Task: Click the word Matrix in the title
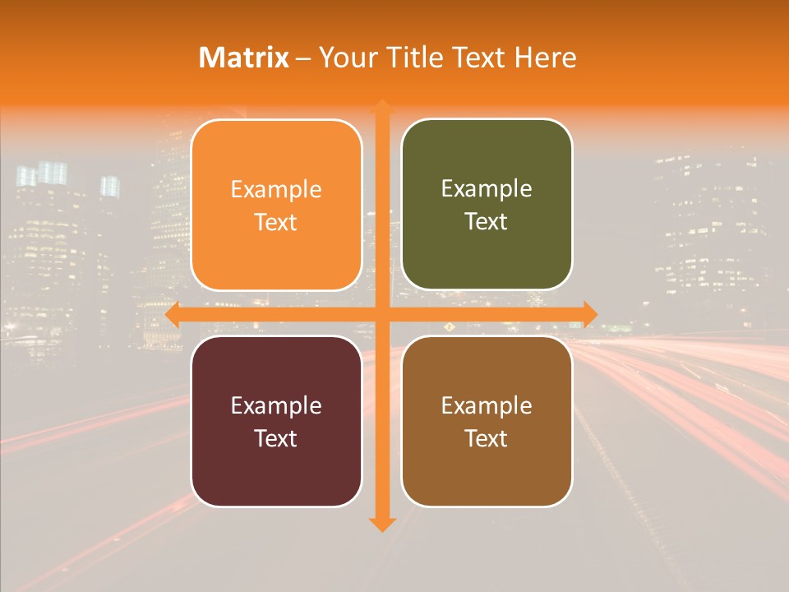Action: pos(244,58)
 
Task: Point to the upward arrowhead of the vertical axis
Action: pos(381,107)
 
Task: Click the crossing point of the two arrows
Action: pos(381,314)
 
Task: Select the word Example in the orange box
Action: pos(276,190)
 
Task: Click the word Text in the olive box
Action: pos(487,222)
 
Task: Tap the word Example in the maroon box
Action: pos(276,405)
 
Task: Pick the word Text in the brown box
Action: pos(487,438)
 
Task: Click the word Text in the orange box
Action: pos(276,223)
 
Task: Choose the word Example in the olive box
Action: pos(487,189)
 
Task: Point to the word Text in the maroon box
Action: pos(276,438)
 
